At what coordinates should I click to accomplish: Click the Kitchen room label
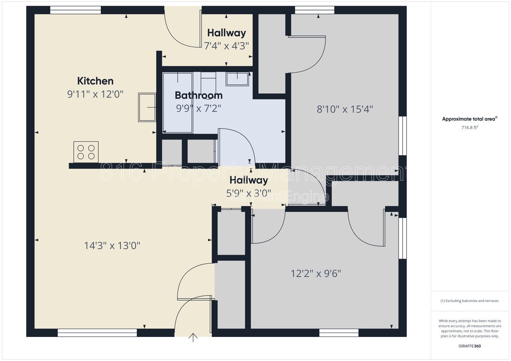click(x=95, y=81)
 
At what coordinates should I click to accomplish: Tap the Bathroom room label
click(x=199, y=95)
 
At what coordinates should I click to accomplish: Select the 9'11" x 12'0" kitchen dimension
click(x=95, y=94)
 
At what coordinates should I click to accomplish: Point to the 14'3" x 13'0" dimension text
click(x=112, y=246)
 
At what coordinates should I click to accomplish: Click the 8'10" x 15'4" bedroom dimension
click(x=345, y=109)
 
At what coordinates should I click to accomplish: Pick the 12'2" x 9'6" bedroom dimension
click(x=316, y=273)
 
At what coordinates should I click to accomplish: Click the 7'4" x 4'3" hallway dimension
click(x=226, y=46)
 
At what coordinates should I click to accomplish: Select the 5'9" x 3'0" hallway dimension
click(x=248, y=193)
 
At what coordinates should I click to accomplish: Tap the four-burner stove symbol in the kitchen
click(x=86, y=152)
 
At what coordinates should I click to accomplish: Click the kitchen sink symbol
click(x=147, y=107)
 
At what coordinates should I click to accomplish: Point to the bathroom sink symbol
click(x=237, y=79)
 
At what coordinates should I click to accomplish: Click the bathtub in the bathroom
click(x=178, y=103)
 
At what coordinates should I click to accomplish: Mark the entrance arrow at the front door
click(x=193, y=338)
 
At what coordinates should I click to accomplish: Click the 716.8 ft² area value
click(x=470, y=127)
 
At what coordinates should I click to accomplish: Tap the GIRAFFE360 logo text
click(x=470, y=346)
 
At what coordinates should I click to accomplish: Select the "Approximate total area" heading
click(x=469, y=119)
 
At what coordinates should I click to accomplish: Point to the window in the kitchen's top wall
click(x=76, y=10)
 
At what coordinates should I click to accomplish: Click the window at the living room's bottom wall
click(x=97, y=333)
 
